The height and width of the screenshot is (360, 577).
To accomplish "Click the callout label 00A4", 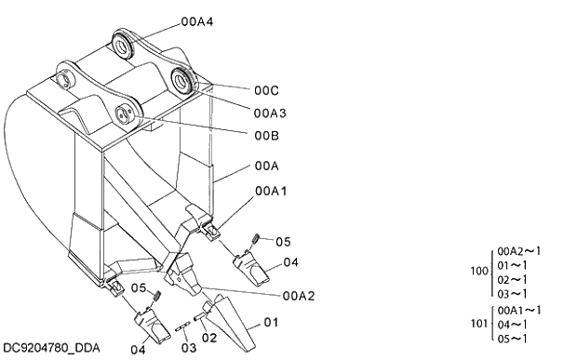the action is (197, 21).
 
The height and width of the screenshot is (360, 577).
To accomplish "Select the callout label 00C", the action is (266, 90).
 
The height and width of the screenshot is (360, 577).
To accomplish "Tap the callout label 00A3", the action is (270, 113).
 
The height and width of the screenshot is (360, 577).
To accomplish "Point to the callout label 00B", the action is (266, 136).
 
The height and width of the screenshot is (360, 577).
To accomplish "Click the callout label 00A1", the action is (271, 191).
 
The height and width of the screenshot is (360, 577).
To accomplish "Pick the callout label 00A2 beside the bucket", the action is (299, 296).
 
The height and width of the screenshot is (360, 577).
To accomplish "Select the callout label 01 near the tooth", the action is (271, 322).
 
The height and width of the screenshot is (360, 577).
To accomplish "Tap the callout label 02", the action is (209, 337).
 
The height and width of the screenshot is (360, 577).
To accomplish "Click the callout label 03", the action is (189, 348).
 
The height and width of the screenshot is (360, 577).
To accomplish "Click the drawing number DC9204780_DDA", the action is (51, 348).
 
